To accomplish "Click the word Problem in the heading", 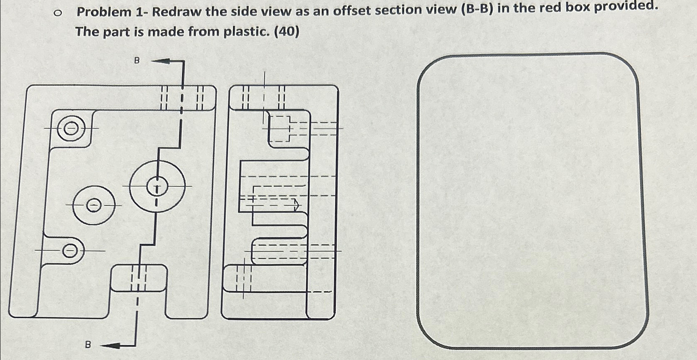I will pyautogui.click(x=104, y=12).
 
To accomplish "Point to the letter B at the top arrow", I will pyautogui.click(x=137, y=60).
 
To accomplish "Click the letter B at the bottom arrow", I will pyautogui.click(x=87, y=345).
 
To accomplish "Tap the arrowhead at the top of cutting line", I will pyautogui.click(x=162, y=61).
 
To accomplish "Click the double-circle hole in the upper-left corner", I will pyautogui.click(x=71, y=128).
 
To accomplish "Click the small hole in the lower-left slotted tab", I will pyautogui.click(x=70, y=251).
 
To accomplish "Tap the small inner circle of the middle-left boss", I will pyautogui.click(x=94, y=205).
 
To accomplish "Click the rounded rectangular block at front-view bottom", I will pyautogui.click(x=139, y=278).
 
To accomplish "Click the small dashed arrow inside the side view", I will pyautogui.click(x=296, y=205).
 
